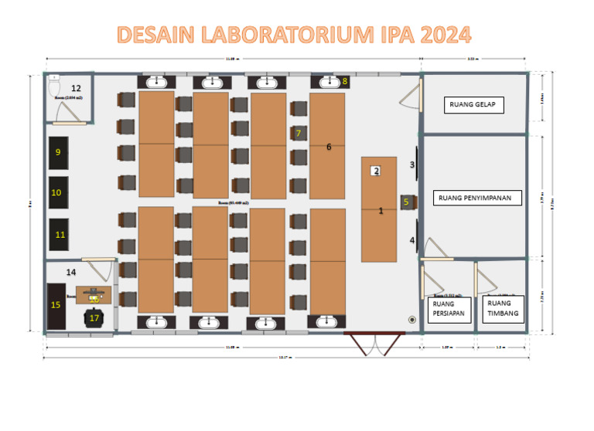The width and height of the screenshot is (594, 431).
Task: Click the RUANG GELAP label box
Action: [x=473, y=105]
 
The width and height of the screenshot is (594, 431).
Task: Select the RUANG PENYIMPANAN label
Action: [x=474, y=198]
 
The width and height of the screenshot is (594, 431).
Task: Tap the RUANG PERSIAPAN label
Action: [x=444, y=308]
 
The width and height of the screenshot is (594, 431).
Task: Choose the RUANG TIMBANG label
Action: [x=499, y=308]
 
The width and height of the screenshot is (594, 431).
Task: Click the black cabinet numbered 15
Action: [x=56, y=305]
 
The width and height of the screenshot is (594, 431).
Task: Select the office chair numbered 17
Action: [x=95, y=317]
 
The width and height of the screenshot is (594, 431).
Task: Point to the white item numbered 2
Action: [x=376, y=171]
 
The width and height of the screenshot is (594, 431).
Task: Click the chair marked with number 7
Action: [x=299, y=133]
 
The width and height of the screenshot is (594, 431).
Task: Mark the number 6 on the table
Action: [x=329, y=147]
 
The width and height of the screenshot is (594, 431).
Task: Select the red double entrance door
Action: [x=375, y=342]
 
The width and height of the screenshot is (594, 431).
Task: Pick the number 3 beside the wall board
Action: [x=412, y=165]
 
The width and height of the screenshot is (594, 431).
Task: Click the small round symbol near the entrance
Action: [x=411, y=319]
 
